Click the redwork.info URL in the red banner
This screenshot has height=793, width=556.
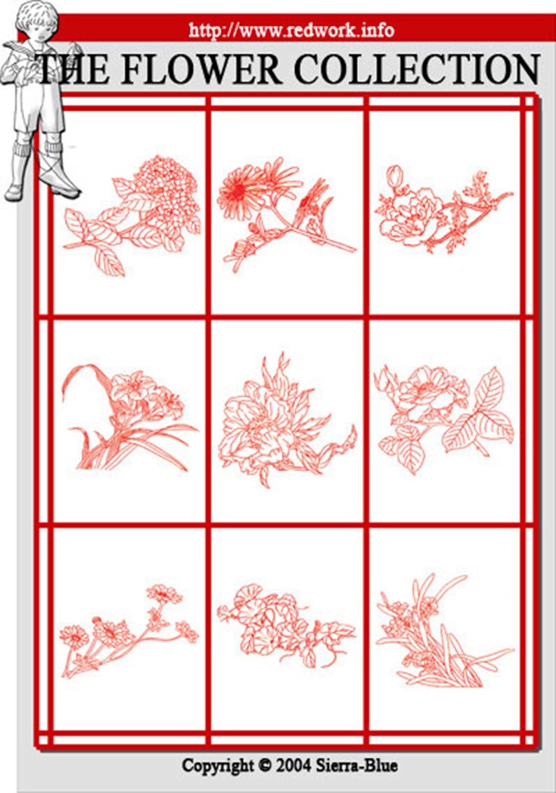[x=291, y=30]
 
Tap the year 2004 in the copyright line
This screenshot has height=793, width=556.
[x=293, y=765]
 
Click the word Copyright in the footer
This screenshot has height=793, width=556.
[x=218, y=765]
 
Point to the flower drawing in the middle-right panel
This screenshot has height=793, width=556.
[x=445, y=416]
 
